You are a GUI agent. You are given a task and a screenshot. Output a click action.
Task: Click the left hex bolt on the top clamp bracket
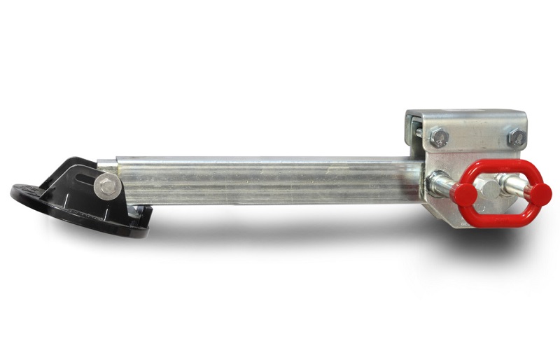[x=439, y=137]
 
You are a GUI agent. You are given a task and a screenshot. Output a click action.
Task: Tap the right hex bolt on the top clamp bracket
[x=517, y=137]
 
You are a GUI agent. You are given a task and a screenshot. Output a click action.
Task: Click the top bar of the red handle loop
[x=500, y=167]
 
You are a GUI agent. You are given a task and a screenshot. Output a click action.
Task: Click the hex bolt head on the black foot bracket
[x=106, y=186]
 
